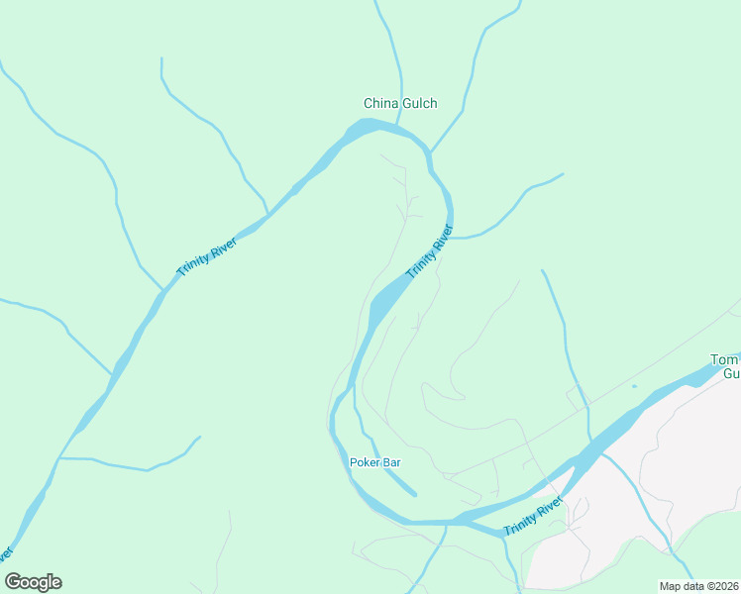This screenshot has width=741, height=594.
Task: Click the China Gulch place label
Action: [400, 103]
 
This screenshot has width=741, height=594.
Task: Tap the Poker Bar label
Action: [374, 462]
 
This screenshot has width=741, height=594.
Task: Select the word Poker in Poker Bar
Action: [365, 462]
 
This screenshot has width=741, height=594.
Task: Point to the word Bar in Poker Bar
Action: [390, 462]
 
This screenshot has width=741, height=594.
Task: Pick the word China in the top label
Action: [380, 103]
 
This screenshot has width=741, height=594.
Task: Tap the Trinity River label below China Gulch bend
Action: [429, 251]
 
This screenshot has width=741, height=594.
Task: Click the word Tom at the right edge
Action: [726, 359]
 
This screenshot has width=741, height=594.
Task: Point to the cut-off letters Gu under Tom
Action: [731, 374]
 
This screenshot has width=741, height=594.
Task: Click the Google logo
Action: [33, 582]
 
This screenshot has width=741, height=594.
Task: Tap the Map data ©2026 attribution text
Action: [697, 586]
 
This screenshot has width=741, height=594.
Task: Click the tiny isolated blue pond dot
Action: [634, 386]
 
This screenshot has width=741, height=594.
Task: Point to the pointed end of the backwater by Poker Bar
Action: [414, 494]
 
